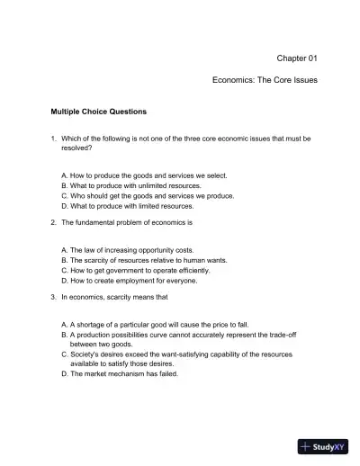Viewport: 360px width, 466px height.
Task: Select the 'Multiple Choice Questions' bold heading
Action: (x=99, y=112)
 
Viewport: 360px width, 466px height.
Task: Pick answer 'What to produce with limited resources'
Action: (x=131, y=206)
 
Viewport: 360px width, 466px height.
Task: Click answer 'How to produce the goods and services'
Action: (x=130, y=175)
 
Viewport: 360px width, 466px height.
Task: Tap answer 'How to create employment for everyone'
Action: (x=128, y=280)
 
